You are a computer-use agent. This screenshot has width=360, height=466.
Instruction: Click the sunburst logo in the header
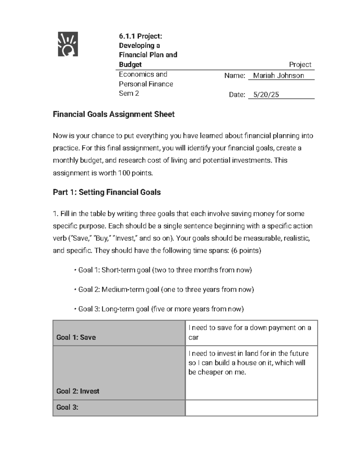coord(68,44)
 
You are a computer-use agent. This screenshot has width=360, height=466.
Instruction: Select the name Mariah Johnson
coord(278,76)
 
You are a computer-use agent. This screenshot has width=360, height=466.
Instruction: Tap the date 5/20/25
coord(266,95)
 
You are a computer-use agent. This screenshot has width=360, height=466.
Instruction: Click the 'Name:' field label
coord(235,76)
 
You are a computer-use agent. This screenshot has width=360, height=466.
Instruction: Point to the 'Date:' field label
coord(237,95)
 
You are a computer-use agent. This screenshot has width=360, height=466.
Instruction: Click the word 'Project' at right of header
coord(300,65)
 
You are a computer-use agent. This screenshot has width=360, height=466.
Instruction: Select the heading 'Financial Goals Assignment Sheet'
coord(113,114)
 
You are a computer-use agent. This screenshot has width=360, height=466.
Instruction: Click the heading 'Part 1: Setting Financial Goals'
coord(106,192)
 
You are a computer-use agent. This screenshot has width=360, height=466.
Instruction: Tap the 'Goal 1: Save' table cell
coord(76,337)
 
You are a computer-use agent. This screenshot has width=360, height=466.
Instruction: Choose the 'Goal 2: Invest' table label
coord(78,391)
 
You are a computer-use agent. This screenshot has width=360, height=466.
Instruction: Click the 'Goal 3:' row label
coord(67,407)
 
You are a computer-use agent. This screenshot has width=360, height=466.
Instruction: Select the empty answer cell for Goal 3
coord(251,408)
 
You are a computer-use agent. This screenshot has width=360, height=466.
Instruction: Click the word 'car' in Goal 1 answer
coord(193,338)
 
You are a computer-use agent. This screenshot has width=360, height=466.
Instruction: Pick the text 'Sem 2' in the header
coord(129,93)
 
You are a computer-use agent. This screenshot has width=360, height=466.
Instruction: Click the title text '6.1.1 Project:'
coord(140,36)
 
